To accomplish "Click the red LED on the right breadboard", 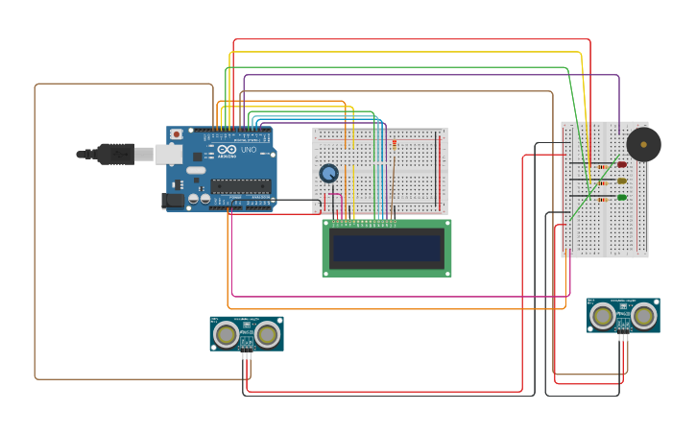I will coord(622,164).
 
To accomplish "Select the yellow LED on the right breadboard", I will coord(622,181).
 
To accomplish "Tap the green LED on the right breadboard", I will coord(622,198).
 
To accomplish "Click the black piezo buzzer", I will coord(642,145).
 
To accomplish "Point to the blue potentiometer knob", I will coord(329,173).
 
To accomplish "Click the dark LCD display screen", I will coord(386,248).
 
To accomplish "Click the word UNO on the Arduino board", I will coord(248,150).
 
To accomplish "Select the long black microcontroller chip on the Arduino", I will coord(241,185).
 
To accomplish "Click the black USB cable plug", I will coord(114,154).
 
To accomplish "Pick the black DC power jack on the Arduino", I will coord(174,201).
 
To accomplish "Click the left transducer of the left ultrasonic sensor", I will coord(227,334).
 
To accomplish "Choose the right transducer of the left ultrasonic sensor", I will coord(267,334).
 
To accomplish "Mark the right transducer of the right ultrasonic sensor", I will coord(644,315).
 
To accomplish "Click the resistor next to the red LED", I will coord(601,166).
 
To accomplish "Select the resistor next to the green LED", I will coord(601,200).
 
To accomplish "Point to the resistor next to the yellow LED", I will coord(601,182).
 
